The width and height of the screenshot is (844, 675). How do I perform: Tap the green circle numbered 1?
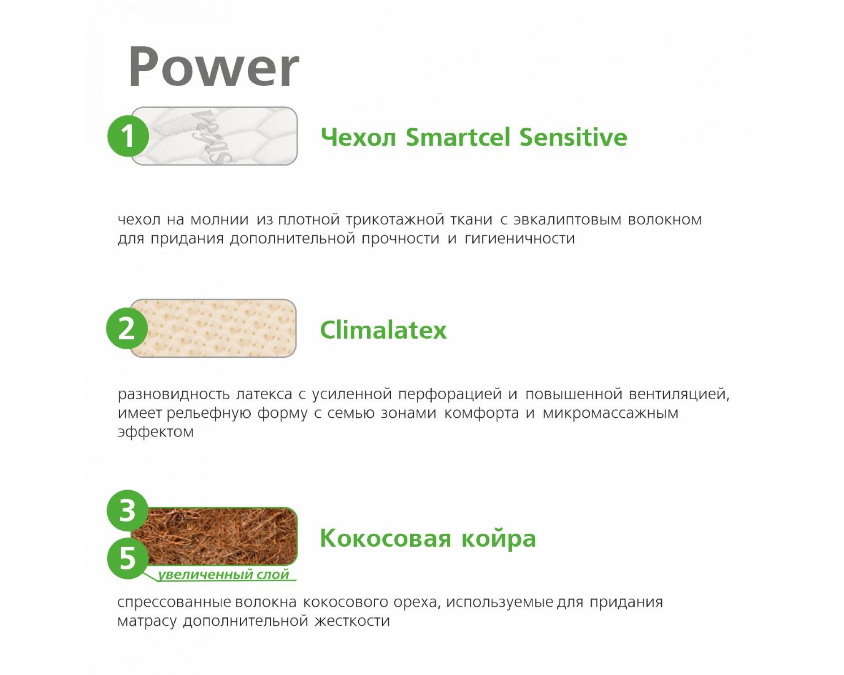coord(128,136)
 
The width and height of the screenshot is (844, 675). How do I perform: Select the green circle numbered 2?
coord(127,328)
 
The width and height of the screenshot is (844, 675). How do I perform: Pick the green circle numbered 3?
coord(127,510)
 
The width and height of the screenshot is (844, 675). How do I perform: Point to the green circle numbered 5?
coord(128,558)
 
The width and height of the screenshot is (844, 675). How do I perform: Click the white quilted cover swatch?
coord(214,136)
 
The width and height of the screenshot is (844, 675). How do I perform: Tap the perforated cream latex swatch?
coord(213,328)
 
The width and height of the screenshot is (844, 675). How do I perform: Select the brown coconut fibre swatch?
coord(214,536)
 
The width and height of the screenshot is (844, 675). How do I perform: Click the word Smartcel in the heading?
coord(458,137)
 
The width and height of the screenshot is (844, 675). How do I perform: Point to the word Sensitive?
coord(573,137)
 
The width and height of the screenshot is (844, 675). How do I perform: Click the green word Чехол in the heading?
coord(358,138)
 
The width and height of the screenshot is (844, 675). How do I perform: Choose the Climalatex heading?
coord(383,329)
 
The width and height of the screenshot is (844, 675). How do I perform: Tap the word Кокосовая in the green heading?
coord(386,538)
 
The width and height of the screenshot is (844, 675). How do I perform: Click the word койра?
coord(499,538)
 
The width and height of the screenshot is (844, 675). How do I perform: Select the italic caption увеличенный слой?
coord(224,575)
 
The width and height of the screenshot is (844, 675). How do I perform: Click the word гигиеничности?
coord(520,239)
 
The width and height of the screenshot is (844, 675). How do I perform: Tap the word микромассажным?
coord(611,413)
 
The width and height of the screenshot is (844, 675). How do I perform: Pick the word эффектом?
coord(156,432)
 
